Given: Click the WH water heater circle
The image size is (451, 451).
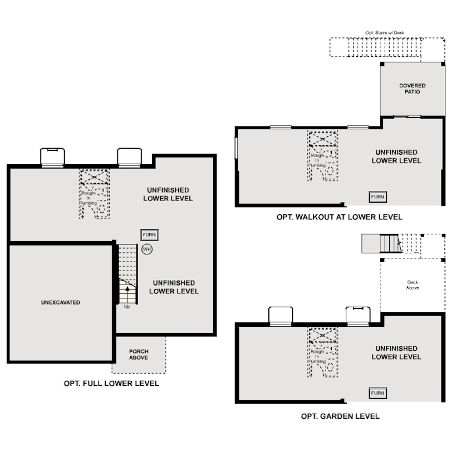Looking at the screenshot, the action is click(x=147, y=249).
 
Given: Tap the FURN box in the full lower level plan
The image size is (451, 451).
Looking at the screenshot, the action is click(x=150, y=235).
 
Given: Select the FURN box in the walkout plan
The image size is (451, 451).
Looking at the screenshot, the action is click(x=378, y=197).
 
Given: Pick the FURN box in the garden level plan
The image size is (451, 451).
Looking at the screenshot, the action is click(x=378, y=393).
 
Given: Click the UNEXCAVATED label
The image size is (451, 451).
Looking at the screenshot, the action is click(x=61, y=302).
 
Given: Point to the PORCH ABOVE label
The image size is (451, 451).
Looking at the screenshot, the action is click(x=139, y=354).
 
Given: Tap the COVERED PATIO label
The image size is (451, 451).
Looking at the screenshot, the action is click(x=413, y=89).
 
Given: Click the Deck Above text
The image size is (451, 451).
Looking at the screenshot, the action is click(x=413, y=285).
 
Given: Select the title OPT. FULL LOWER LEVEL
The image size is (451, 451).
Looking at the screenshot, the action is click(x=111, y=384).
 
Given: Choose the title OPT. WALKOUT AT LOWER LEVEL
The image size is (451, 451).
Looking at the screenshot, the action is click(x=340, y=217).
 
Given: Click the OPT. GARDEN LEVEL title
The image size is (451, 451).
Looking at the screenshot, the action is click(x=340, y=416).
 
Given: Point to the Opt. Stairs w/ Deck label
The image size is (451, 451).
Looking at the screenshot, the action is click(x=385, y=33).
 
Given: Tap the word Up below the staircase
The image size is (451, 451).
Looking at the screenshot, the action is click(x=127, y=307).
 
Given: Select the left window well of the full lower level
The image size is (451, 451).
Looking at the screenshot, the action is click(x=52, y=158).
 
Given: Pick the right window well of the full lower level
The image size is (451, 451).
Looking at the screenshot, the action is click(x=129, y=158).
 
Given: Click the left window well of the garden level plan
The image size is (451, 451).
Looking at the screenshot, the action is click(x=281, y=316).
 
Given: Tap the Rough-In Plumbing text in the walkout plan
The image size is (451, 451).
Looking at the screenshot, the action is click(x=317, y=160).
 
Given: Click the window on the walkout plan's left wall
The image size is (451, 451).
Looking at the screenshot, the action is click(x=236, y=148).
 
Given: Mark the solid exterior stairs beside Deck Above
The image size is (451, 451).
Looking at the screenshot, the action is click(x=390, y=244).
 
